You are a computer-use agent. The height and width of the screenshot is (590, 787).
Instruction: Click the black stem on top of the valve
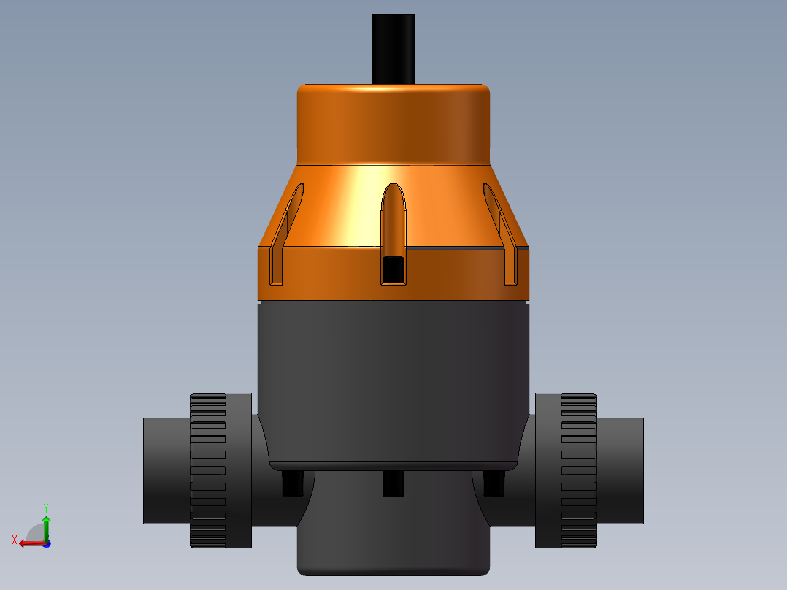coord(393,48)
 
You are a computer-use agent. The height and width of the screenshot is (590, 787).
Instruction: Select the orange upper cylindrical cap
coord(393,123)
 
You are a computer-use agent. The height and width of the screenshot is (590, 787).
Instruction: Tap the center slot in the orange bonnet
coord(393,219)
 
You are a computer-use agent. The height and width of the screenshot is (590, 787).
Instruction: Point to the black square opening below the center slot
coord(393,269)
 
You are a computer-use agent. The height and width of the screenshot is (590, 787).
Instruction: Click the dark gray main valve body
coord(393,380)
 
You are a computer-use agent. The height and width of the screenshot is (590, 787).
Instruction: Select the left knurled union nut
coord(209,471)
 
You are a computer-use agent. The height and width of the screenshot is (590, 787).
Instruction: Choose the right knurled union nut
coord(578,471)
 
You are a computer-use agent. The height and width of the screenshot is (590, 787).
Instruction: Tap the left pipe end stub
coord(165,471)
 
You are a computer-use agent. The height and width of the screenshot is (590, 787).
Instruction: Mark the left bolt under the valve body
coord(292,483)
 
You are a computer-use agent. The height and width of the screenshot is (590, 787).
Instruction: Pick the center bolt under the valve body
coord(393,483)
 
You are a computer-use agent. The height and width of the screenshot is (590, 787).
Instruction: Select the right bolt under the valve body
coord(494,483)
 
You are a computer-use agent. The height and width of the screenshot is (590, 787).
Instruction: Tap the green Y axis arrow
coord(46,525)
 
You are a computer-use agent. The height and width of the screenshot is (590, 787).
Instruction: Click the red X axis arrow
coord(29,543)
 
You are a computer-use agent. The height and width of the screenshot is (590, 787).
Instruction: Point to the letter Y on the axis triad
coord(46,507)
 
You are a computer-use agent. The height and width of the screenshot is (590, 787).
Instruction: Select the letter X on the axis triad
coord(14,540)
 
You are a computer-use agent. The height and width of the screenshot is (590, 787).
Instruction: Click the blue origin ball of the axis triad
coord(47,543)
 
